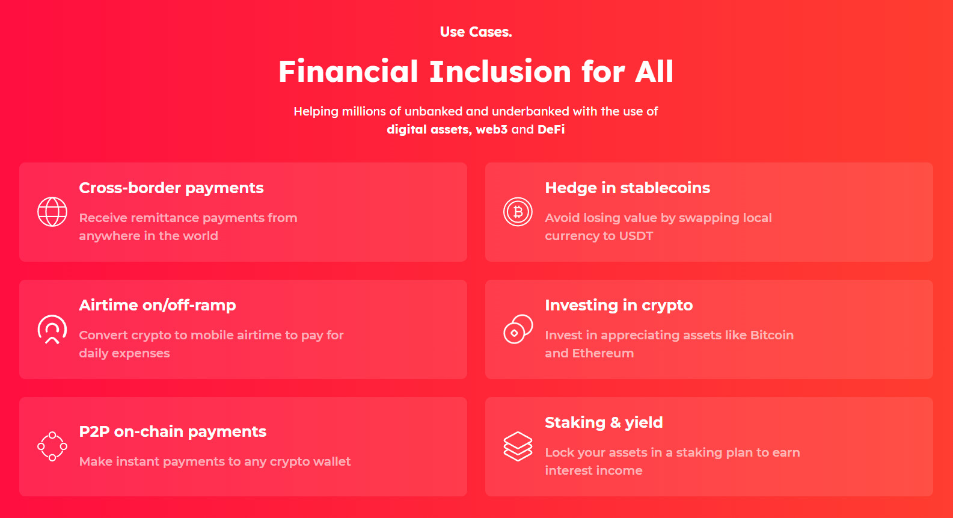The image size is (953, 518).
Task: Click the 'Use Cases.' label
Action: [476, 32]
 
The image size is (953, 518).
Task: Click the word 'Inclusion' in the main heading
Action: [500, 71]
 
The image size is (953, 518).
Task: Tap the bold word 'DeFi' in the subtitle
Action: [551, 129]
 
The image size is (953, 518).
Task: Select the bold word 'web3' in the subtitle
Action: [491, 129]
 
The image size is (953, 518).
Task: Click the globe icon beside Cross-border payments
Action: [52, 212]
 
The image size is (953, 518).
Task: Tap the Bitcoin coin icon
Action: [518, 212]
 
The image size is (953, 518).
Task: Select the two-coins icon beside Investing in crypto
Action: [518, 329]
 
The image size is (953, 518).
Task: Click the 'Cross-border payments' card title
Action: [171, 188]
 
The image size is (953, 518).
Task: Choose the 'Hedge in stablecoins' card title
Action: [628, 188]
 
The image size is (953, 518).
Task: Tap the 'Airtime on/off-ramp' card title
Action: [158, 305]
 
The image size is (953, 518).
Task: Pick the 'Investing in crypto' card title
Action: [619, 306]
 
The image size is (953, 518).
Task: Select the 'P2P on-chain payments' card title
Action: [173, 431]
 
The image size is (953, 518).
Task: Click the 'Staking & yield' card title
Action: [604, 423]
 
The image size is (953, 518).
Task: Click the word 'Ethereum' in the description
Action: [603, 353]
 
